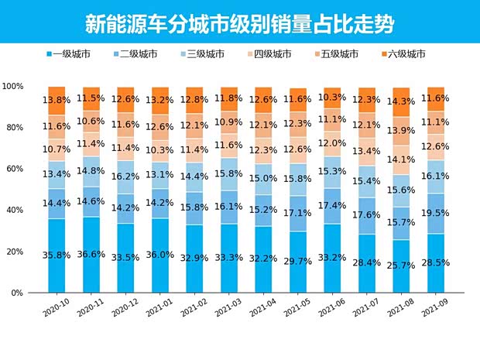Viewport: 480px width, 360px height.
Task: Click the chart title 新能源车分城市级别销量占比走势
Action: (239, 23)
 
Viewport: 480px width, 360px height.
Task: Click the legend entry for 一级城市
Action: (70, 54)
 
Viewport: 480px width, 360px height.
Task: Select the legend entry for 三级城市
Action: (204, 54)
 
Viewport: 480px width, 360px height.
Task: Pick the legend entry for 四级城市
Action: (270, 54)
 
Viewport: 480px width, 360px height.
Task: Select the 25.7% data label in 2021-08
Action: (401, 265)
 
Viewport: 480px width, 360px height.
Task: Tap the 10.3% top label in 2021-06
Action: (332, 98)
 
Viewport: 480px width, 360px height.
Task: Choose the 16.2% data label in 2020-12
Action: (125, 176)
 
